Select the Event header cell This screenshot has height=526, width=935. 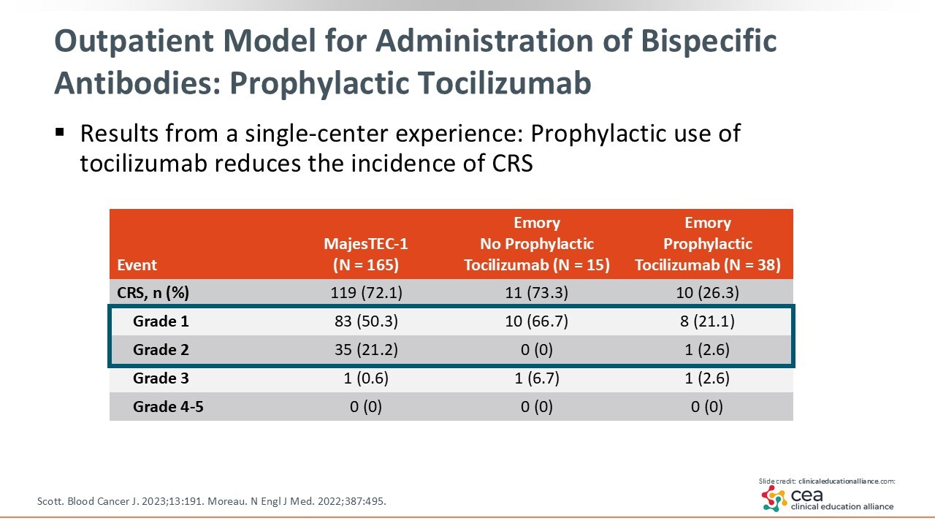coord(137,265)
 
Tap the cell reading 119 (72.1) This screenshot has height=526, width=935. coord(366,293)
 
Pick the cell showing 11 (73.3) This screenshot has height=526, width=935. coord(537,293)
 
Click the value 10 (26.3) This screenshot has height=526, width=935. coord(707,293)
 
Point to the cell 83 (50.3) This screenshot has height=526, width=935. coord(366,321)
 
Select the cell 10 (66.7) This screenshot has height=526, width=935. coord(537,321)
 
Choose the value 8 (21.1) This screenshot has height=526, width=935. coord(707,321)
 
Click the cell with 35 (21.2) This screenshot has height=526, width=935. coord(366,350)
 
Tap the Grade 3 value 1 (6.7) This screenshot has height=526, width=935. coord(537,378)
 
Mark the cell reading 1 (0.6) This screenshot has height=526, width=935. coord(366,378)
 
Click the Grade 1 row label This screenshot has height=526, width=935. coord(161,321)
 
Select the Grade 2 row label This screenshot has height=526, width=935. coord(161,350)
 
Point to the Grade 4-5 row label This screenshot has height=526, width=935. coord(168,407)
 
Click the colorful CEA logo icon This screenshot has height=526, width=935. coord(774,499)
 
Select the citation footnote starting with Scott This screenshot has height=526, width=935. coord(211,501)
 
